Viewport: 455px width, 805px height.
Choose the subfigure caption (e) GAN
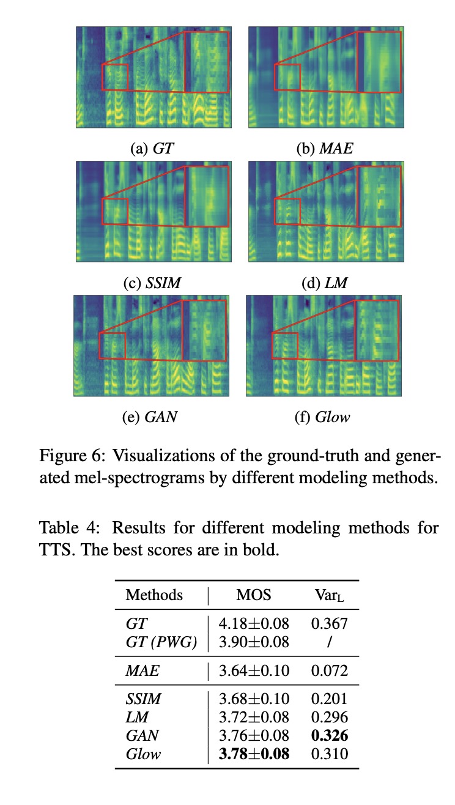point(150,417)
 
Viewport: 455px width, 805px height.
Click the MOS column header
point(253,595)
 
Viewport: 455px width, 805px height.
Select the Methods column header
point(154,595)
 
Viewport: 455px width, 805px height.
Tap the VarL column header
point(329,595)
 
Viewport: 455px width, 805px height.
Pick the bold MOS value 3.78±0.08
point(254,753)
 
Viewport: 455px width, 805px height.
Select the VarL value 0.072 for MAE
point(329,671)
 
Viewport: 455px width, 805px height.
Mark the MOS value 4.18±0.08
point(254,624)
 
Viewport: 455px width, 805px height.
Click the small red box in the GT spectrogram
point(115,77)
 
